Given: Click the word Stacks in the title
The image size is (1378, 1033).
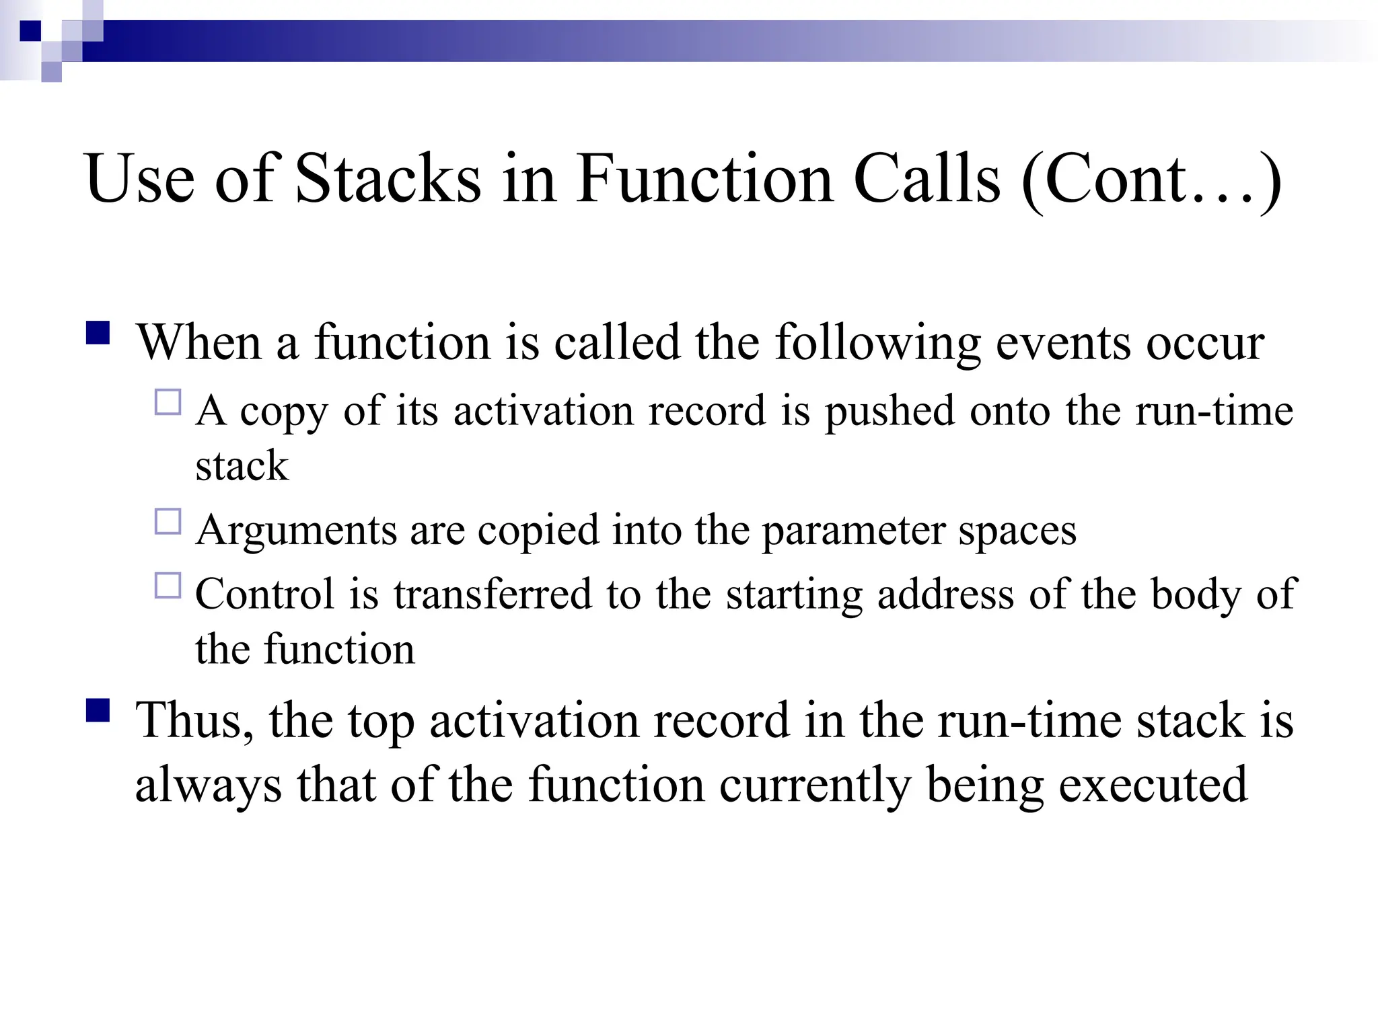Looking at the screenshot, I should point(388,178).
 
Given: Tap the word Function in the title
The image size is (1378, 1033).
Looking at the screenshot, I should point(704,178).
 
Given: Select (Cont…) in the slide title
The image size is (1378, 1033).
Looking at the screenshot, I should point(1151,180).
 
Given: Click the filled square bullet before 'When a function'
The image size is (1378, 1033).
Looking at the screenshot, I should point(98,333).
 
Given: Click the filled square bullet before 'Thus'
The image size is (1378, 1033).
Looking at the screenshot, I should point(98,710).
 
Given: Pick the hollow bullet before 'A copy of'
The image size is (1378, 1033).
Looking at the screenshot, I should point(168,402).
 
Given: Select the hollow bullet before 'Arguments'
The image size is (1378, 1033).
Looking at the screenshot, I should point(168,521).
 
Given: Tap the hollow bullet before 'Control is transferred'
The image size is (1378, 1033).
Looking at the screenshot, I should point(168,585).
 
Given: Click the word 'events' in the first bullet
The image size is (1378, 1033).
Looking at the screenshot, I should point(1063,343).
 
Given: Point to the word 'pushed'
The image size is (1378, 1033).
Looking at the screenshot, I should point(890,411).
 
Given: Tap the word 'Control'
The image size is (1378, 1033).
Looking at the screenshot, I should point(264,595).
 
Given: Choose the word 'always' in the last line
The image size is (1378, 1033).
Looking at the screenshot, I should point(209,786).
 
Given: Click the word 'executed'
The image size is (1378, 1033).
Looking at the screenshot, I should point(1153,784).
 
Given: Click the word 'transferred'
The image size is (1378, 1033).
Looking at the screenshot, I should point(493,595).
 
